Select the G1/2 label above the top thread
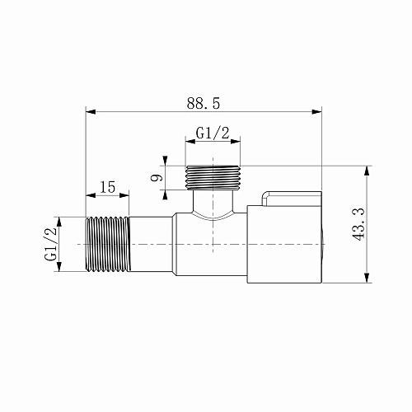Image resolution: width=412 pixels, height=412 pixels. [x=212, y=133]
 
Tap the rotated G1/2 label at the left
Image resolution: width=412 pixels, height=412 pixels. [x=50, y=244]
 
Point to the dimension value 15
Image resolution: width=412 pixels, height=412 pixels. [x=107, y=187]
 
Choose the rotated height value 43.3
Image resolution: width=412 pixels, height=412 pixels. [x=357, y=223]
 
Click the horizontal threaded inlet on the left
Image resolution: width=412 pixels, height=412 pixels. [x=107, y=244]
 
